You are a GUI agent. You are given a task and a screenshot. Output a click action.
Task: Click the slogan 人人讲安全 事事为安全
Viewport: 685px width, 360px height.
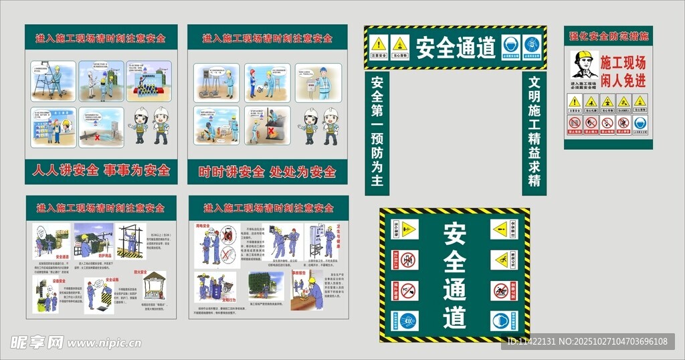point(101,171)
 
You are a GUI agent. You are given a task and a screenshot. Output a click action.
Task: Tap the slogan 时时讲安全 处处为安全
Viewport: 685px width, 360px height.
point(267,172)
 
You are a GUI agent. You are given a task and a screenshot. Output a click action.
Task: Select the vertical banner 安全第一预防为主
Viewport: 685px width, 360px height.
point(377,132)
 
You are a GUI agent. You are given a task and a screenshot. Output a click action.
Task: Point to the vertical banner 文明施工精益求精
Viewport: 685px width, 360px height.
point(534,132)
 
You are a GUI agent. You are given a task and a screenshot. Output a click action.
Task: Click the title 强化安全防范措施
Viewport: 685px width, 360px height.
point(608,36)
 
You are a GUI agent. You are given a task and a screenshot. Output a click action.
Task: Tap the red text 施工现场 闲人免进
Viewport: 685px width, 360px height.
point(623,72)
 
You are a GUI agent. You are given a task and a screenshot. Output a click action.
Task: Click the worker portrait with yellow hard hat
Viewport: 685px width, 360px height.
point(583,66)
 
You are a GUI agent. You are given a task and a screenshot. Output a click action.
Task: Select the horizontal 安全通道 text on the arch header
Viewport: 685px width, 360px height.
point(456,48)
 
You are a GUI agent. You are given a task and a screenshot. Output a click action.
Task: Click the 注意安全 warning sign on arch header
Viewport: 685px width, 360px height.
point(379,46)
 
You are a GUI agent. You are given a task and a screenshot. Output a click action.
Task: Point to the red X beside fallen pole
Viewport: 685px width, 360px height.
point(98,137)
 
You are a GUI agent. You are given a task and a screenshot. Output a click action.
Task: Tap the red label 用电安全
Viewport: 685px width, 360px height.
point(203,227)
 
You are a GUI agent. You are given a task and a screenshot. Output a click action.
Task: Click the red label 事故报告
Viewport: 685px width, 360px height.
point(299,273)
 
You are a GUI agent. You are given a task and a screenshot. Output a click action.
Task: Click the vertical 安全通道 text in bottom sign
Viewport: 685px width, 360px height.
point(454,274)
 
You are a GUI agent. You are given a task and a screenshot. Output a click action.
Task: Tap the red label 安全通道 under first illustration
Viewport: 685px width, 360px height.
point(64,256)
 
